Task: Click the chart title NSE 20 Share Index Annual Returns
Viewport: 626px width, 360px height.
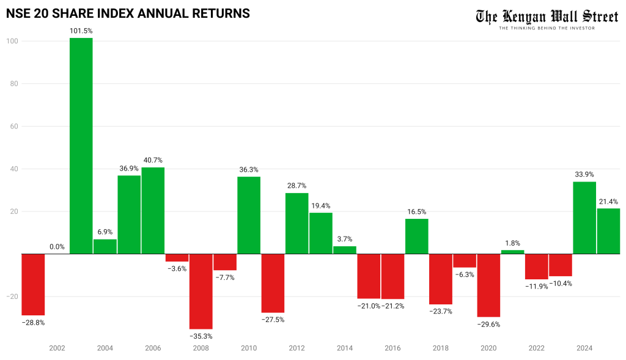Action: click(x=128, y=13)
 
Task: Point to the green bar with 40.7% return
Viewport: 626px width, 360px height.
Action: click(x=153, y=210)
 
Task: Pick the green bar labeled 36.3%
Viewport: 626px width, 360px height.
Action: click(x=249, y=215)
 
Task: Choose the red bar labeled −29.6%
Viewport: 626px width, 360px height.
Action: click(x=488, y=285)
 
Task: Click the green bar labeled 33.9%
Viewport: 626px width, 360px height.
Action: click(x=584, y=218)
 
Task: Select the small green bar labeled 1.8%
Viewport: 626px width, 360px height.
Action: click(x=512, y=252)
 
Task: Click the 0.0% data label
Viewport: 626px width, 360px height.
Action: click(x=57, y=247)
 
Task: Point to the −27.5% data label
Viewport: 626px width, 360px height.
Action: click(x=273, y=320)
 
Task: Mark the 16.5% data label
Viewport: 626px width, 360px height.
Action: click(x=417, y=211)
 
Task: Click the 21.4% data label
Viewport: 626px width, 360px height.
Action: click(x=608, y=201)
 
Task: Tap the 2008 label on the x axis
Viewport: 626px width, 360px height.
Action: click(x=201, y=348)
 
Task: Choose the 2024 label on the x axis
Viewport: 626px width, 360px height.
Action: click(x=584, y=348)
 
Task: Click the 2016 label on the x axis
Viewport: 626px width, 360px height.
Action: click(x=392, y=348)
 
